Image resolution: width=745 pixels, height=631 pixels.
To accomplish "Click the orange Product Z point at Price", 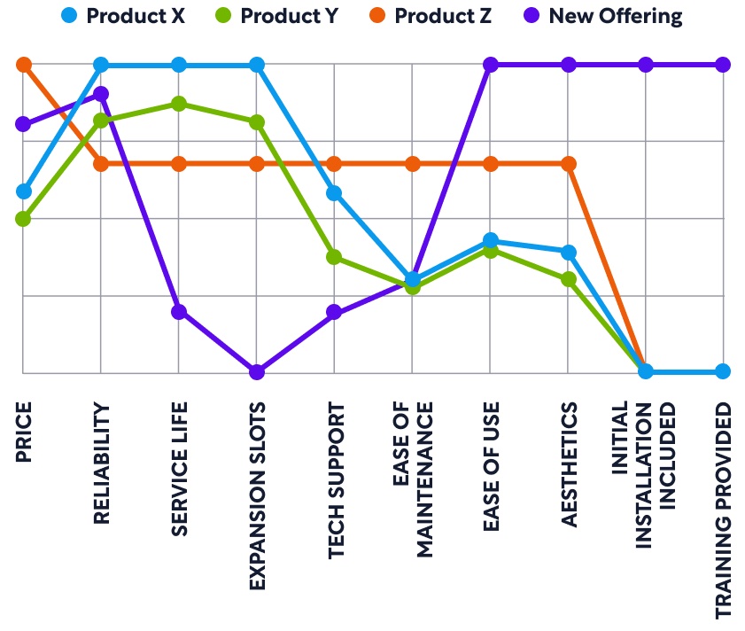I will pyautogui.click(x=24, y=65).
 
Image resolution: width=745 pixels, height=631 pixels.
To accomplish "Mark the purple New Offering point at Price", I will pyautogui.click(x=24, y=123).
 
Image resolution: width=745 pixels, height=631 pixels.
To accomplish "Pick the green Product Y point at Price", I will pyautogui.click(x=24, y=218).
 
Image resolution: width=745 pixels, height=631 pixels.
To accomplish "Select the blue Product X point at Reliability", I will pyautogui.click(x=101, y=65).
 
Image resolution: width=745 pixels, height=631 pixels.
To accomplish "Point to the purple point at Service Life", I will pyautogui.click(x=179, y=312).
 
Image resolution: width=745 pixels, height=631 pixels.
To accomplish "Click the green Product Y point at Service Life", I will pyautogui.click(x=179, y=104).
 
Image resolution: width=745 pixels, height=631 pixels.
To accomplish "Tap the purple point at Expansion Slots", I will pyautogui.click(x=257, y=371).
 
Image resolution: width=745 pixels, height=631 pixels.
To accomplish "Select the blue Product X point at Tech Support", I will pyautogui.click(x=334, y=193).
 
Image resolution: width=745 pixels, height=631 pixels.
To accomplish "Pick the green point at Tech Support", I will pyautogui.click(x=334, y=257).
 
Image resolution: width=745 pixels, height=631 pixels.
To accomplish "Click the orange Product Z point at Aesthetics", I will pyautogui.click(x=569, y=164).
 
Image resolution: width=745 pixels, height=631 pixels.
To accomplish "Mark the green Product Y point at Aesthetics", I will pyautogui.click(x=569, y=279).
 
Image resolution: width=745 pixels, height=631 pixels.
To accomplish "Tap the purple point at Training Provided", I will pyautogui.click(x=723, y=65).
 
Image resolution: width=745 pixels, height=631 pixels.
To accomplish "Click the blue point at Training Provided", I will pyautogui.click(x=723, y=371).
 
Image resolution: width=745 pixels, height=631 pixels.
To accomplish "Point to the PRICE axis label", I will pyautogui.click(x=24, y=432).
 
